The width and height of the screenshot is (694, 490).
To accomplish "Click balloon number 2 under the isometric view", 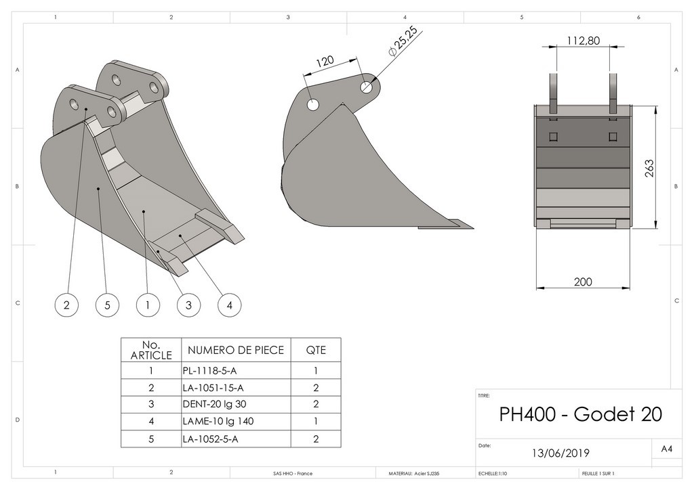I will tap(66, 305).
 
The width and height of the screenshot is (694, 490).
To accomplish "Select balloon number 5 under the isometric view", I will tap(107, 305).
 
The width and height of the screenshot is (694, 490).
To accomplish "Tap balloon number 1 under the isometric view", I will tap(147, 305).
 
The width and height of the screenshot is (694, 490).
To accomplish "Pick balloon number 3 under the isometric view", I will tap(188, 305).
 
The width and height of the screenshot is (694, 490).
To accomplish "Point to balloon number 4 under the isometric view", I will tap(230, 305).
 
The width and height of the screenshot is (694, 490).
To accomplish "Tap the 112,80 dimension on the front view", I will tap(583, 41).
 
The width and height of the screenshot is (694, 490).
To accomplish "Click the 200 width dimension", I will tap(583, 282).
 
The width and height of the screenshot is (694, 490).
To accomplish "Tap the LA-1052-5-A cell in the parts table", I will tap(210, 439).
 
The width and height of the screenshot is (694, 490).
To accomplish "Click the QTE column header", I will tap(316, 350).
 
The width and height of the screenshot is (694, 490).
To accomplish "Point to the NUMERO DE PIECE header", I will tap(235, 350).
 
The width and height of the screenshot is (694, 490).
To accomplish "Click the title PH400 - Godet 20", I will tap(580, 414).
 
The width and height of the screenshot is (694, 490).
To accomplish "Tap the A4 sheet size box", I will tap(667, 449).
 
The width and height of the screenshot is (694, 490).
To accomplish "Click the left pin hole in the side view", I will tap(312, 105).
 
